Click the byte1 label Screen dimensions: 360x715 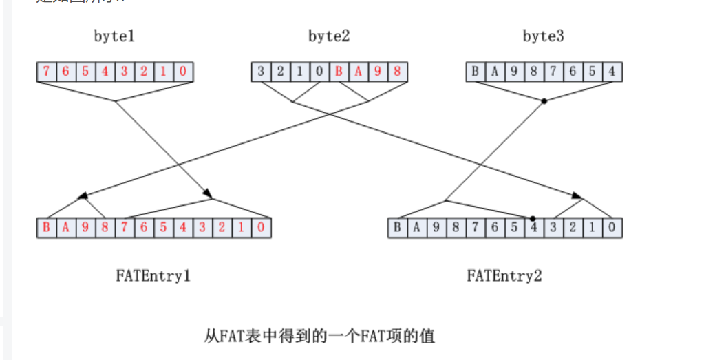point(114,36)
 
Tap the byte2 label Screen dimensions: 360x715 point(329,36)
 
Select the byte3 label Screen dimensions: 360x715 point(544,36)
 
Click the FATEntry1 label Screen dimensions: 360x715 point(153,276)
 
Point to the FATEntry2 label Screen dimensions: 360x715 point(504,276)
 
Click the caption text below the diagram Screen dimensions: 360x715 point(320,336)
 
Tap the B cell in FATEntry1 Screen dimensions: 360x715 point(46,228)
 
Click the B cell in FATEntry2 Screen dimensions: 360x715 point(398,228)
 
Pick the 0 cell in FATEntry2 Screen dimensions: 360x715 point(612,228)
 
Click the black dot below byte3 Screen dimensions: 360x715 point(544,101)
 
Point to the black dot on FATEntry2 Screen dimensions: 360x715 point(533,218)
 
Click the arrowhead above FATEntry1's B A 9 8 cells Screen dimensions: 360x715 point(83,196)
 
